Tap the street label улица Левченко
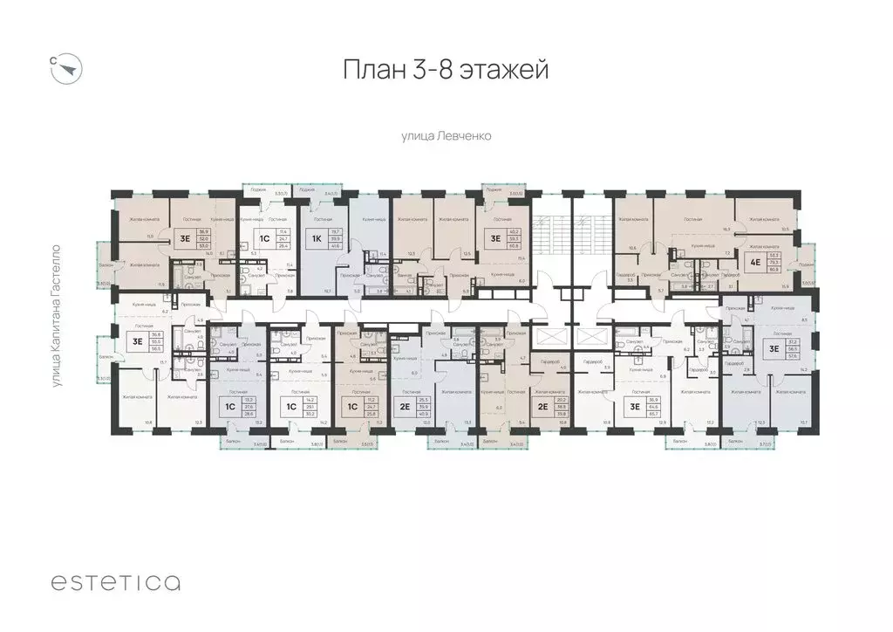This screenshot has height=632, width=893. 446,136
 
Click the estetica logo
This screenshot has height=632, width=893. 115,582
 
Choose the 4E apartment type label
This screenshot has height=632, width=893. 754,258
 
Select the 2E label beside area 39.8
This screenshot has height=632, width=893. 542,406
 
